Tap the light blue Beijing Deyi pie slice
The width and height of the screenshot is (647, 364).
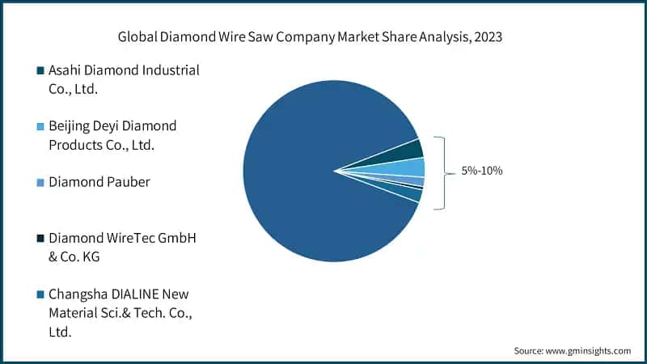point(412,167)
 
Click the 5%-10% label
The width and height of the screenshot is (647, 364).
point(482,171)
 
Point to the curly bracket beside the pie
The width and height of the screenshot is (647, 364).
point(441,172)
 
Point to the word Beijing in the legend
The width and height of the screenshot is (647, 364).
point(71,127)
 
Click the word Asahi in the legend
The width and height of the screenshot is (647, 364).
point(66,71)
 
